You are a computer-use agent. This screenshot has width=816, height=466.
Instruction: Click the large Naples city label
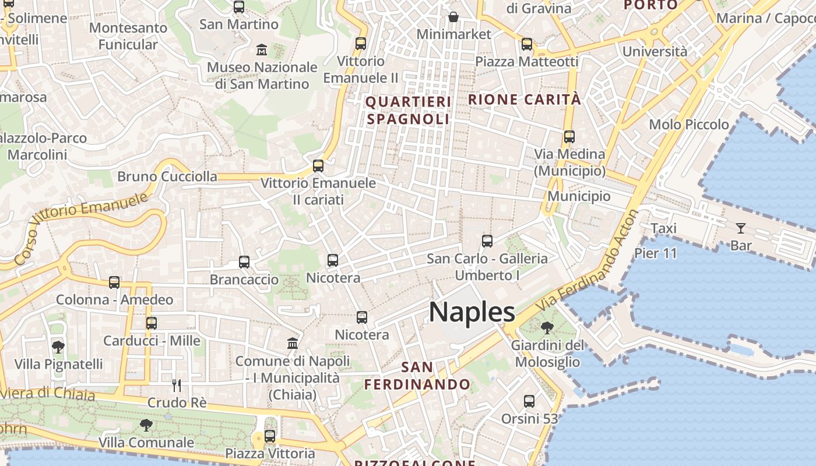click(472, 312)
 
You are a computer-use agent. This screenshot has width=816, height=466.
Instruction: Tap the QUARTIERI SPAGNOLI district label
click(408, 111)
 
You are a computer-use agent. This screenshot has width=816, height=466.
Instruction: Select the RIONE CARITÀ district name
click(525, 100)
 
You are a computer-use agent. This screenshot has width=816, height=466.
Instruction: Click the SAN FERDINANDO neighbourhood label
click(417, 376)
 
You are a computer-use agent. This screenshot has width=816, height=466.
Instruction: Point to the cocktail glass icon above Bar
click(741, 228)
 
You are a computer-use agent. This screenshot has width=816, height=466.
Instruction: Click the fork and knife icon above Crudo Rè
click(177, 385)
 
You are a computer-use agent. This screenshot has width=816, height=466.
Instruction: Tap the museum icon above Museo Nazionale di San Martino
click(262, 50)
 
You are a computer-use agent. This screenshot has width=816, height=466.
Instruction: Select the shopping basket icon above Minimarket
click(453, 16)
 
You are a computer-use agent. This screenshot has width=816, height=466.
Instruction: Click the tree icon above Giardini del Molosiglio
click(547, 328)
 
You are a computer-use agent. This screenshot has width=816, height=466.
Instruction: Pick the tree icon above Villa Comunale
click(146, 425)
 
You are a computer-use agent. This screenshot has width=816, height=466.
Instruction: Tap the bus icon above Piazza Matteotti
click(527, 44)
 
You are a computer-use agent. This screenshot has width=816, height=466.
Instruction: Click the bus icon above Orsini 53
click(529, 401)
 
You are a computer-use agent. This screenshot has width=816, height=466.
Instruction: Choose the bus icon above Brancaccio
click(244, 262)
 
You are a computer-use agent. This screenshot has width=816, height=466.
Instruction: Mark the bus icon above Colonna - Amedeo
click(114, 283)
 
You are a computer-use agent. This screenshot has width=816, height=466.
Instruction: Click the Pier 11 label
click(656, 253)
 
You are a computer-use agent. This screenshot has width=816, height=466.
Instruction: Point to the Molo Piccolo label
click(689, 124)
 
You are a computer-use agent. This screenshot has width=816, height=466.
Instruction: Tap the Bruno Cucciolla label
click(167, 176)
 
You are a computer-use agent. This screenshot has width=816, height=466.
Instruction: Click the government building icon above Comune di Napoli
click(293, 344)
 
